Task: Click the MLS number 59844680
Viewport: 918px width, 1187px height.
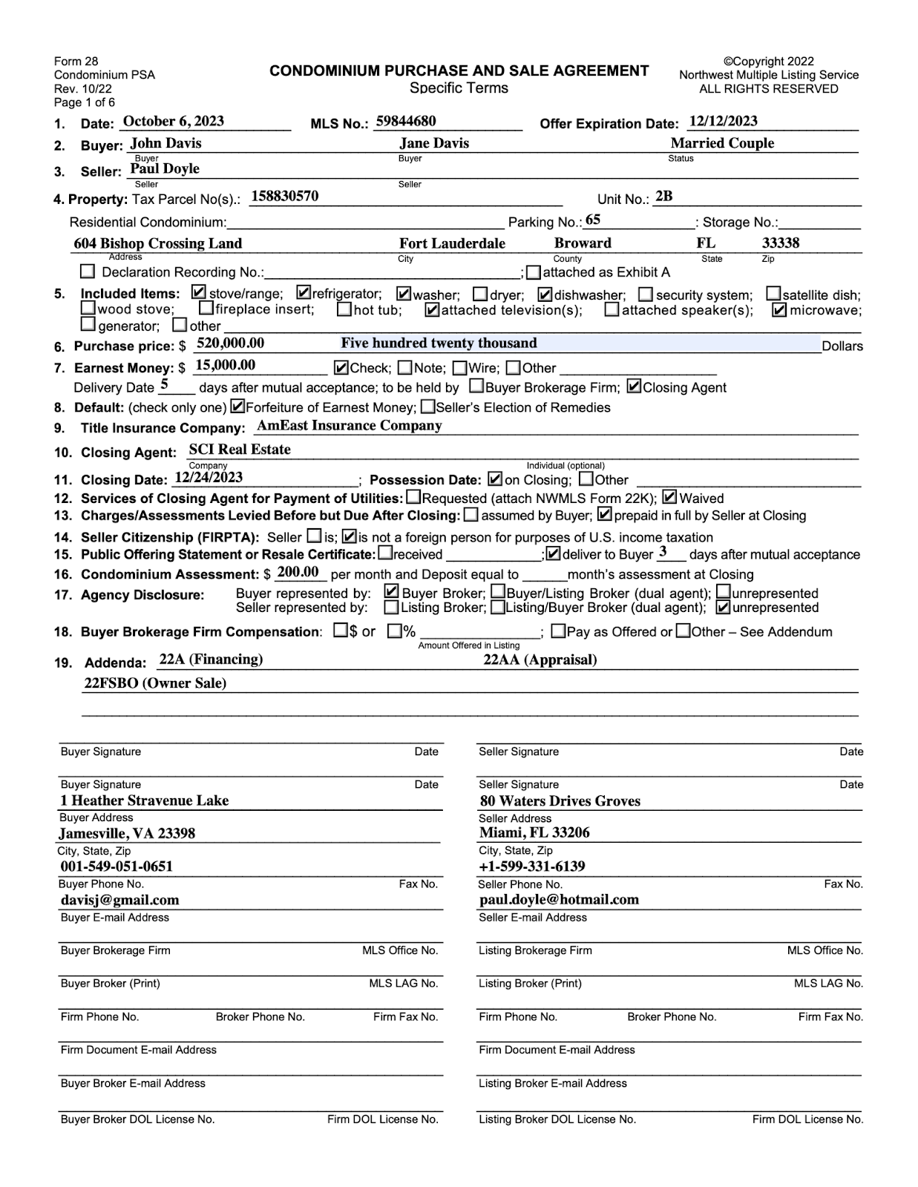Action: click(406, 122)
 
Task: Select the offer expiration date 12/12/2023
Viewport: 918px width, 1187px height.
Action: click(723, 122)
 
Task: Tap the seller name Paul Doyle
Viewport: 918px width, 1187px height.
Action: click(165, 168)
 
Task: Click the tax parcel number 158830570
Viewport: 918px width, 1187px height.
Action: click(285, 197)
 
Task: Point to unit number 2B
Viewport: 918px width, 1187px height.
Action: click(663, 197)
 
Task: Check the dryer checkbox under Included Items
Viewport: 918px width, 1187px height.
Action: click(480, 295)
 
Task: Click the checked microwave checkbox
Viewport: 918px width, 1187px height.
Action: click(779, 310)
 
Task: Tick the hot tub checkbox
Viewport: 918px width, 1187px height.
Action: click(344, 309)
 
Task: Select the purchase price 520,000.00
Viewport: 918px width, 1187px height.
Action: click(230, 343)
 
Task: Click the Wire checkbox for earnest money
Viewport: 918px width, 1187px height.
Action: click(459, 368)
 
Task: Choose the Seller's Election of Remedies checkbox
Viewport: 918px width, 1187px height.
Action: click(428, 407)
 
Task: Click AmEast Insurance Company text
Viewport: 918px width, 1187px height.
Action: click(349, 426)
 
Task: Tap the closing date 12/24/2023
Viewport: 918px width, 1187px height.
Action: click(209, 478)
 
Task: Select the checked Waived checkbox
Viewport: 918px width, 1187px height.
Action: click(669, 498)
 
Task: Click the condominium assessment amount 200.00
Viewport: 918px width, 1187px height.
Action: click(298, 572)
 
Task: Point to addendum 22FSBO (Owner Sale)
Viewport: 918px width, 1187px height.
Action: click(155, 683)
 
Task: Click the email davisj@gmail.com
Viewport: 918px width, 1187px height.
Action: click(119, 900)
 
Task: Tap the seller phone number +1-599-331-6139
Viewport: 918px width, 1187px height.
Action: click(532, 867)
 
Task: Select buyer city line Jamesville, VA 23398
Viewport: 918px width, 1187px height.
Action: click(127, 833)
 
